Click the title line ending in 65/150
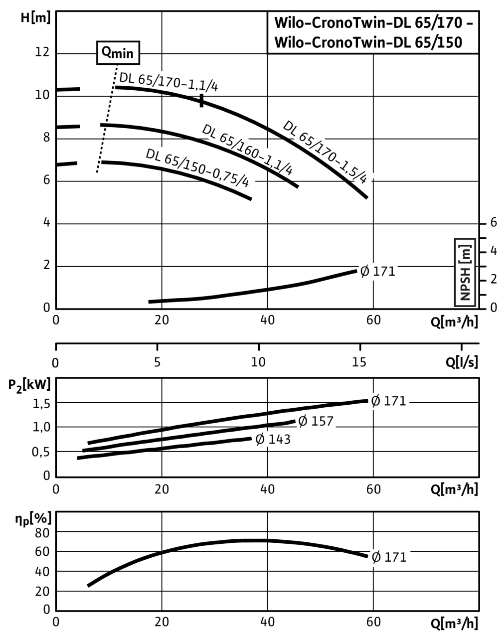click(368, 42)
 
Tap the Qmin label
click(118, 52)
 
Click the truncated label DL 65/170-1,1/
click(164, 83)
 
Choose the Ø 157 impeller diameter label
click(316, 421)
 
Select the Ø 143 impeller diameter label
click(273, 439)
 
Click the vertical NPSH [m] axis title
click(465, 272)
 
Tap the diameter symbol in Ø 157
click(303, 421)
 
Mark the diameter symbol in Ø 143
click(260, 439)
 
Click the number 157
click(322, 421)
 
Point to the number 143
click(279, 439)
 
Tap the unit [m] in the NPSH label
click(465, 252)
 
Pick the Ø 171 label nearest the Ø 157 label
click(389, 401)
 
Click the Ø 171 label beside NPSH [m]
click(378, 272)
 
